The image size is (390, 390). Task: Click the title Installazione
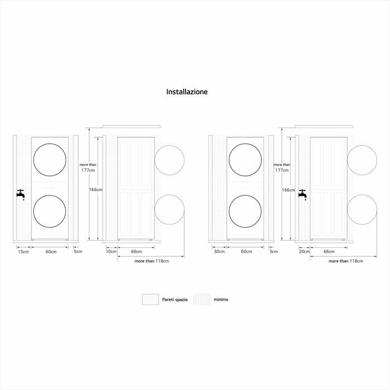click(x=187, y=91)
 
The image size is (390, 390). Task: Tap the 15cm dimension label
click(x=23, y=252)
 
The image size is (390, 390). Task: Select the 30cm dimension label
click(x=219, y=252)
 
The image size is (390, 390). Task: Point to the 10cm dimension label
click(x=111, y=252)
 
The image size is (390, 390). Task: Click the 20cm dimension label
click(x=304, y=252)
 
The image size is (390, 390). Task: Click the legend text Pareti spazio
click(x=174, y=299)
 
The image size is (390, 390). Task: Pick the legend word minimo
click(x=221, y=299)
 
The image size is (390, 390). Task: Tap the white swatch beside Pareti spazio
click(x=150, y=299)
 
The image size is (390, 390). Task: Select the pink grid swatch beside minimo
click(x=202, y=299)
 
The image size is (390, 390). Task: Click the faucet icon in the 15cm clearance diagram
click(x=21, y=194)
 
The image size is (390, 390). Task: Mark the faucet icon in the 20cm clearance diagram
click(x=303, y=194)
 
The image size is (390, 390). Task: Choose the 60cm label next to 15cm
click(x=51, y=252)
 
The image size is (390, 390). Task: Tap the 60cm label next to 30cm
click(x=246, y=252)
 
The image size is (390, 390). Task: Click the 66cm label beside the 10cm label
click(x=136, y=252)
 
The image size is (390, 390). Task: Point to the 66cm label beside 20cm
click(x=329, y=252)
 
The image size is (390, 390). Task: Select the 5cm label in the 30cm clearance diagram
click(x=274, y=252)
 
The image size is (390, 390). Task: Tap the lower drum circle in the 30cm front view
click(x=245, y=211)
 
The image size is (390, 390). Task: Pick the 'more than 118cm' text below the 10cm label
click(x=152, y=261)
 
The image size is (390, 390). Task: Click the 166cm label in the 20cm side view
click(x=288, y=190)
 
